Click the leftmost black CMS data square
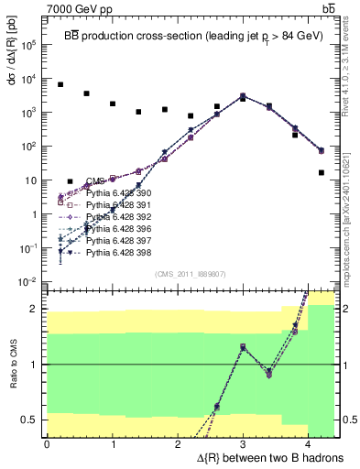pyautogui.click(x=60, y=84)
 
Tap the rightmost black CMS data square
pyautogui.click(x=322, y=172)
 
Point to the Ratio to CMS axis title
pyautogui.click(x=12, y=366)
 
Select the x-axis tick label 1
pyautogui.click(x=113, y=444)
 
